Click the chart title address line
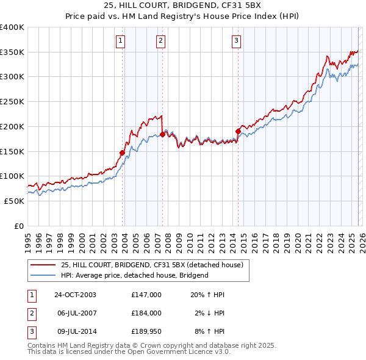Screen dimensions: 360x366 [x=182, y=7]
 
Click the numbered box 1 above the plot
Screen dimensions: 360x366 [x=120, y=41]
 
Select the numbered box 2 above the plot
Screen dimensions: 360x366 [x=160, y=41]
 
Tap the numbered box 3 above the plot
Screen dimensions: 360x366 [x=236, y=41]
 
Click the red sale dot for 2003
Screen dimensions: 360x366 [x=123, y=153]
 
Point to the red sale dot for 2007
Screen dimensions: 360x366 [x=162, y=134]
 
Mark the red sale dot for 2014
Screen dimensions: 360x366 [x=238, y=131]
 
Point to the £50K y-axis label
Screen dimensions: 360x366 [x=15, y=201]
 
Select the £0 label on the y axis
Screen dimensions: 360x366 [x=19, y=226]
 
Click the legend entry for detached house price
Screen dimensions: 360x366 [x=152, y=265]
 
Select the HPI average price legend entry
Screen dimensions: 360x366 [x=134, y=275]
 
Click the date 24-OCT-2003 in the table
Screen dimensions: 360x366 [x=75, y=294]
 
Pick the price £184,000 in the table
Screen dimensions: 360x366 [x=146, y=312]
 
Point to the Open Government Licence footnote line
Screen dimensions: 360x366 [x=129, y=352]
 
